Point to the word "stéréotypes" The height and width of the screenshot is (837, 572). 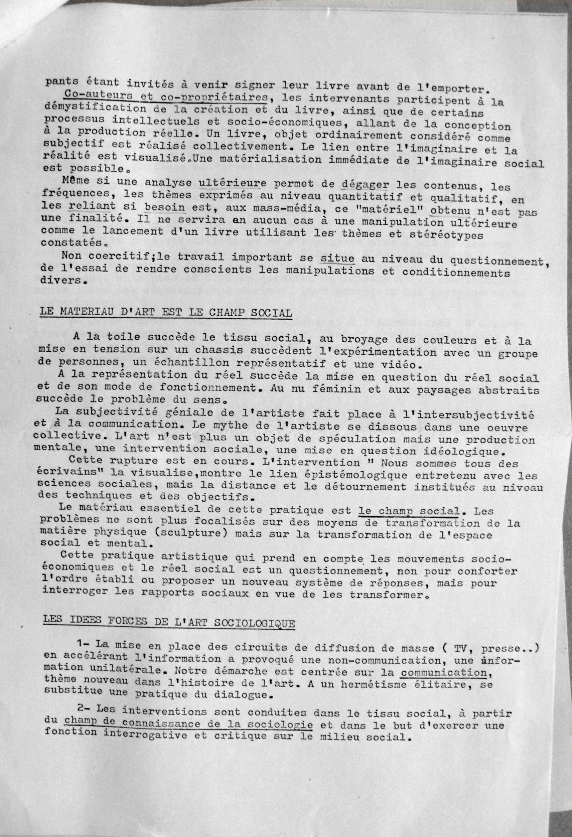[447, 234]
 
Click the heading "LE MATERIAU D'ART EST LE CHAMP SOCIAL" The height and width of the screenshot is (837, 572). [166, 312]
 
